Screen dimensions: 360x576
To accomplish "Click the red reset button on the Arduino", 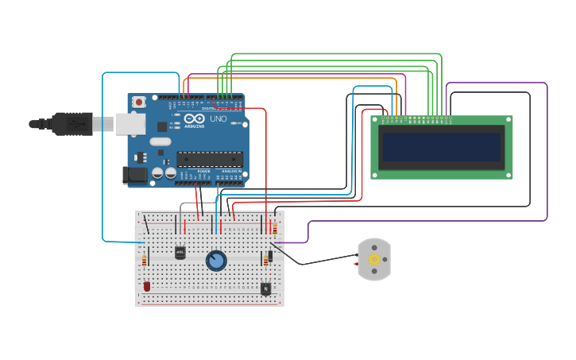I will click(x=139, y=102).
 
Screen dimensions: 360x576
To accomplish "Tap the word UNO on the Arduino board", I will click(x=218, y=119).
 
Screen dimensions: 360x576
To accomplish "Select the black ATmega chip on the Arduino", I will click(x=209, y=159).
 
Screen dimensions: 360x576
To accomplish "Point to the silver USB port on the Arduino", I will click(x=130, y=123).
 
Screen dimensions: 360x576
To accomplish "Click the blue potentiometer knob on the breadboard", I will click(x=216, y=260).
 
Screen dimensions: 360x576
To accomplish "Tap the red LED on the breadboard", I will click(x=147, y=286).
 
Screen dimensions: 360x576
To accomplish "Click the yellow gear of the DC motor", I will click(x=374, y=259).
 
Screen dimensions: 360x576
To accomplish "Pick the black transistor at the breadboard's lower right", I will click(x=265, y=288).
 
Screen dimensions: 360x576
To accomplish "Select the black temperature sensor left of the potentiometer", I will click(x=180, y=253).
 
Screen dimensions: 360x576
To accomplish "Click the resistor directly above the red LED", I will click(x=144, y=261).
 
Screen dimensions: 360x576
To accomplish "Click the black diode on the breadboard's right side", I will click(x=271, y=256).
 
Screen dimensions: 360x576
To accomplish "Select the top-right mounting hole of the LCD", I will click(x=508, y=120).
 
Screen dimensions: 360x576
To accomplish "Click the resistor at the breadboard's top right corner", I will click(x=275, y=228).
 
